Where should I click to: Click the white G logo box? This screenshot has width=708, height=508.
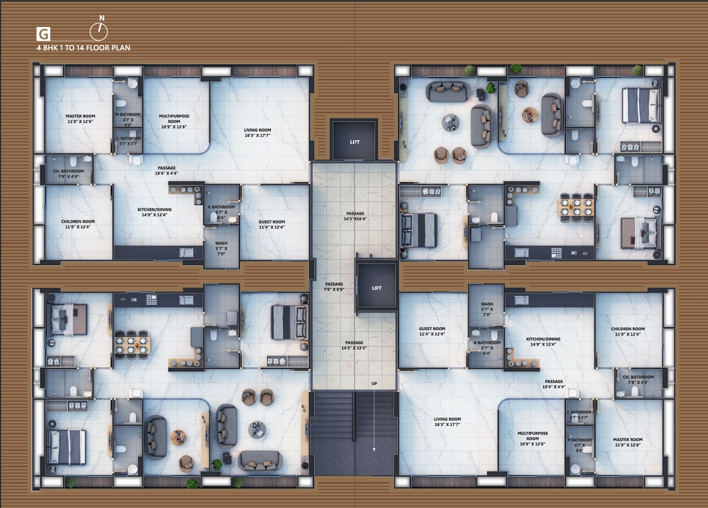click(43, 34)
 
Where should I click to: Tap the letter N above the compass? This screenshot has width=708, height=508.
click(102, 18)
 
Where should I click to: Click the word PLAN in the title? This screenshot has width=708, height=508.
click(121, 48)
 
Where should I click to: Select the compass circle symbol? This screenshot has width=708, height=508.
click(98, 33)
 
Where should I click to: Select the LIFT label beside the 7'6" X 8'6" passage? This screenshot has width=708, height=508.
click(376, 288)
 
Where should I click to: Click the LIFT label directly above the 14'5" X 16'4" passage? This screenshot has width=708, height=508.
click(355, 142)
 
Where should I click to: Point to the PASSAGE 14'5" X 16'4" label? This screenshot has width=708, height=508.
click(355, 216)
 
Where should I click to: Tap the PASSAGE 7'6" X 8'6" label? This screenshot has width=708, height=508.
click(334, 287)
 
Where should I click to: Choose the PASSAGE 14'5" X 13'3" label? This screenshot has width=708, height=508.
click(354, 345)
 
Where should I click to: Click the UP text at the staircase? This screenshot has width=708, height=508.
click(374, 384)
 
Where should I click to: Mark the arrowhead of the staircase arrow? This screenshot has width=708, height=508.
click(374, 449)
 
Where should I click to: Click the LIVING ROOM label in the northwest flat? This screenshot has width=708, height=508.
click(258, 132)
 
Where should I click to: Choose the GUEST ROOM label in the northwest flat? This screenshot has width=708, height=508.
click(272, 224)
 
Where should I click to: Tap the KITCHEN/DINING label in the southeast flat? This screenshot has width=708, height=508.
click(543, 341)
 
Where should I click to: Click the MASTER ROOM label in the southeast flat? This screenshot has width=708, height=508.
click(628, 442)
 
